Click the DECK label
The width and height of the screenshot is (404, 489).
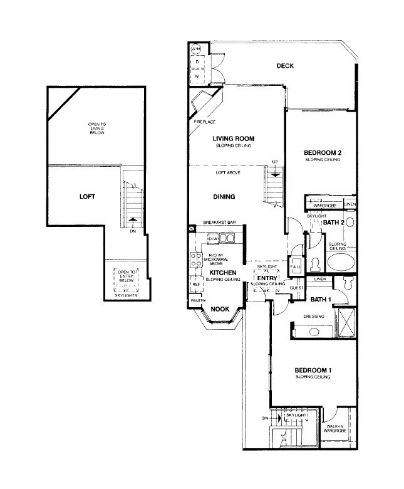click(285, 66)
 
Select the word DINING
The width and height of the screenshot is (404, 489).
click(223, 197)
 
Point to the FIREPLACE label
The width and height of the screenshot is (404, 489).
click(204, 121)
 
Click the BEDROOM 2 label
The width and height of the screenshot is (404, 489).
click(322, 153)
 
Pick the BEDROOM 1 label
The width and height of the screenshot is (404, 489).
click(313, 371)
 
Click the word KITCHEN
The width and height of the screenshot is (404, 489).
click(223, 273)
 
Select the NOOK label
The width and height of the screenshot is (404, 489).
click(219, 309)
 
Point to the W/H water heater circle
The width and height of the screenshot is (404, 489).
click(195, 49)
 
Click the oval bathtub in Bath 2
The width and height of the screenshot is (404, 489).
click(340, 261)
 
